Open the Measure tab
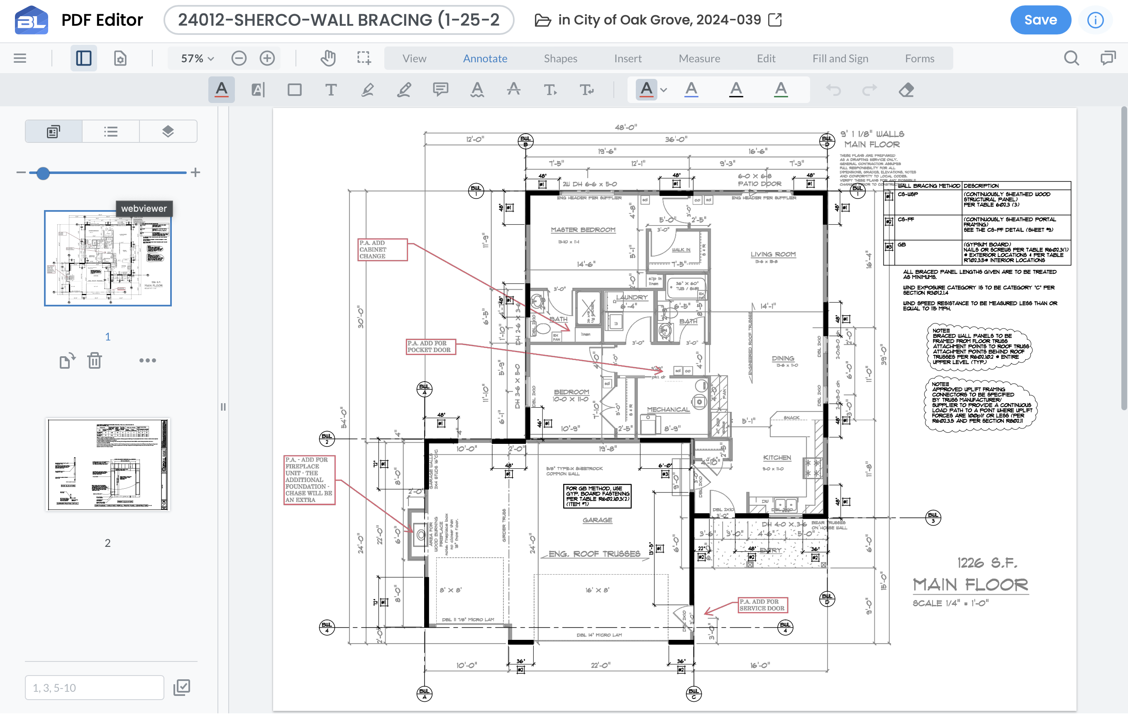coord(699,59)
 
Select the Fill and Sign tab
coord(840,59)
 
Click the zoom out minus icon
coord(239,59)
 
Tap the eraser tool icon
coord(906,90)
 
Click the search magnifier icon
coord(1071,59)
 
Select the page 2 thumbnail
coord(108,464)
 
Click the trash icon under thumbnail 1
coord(94,360)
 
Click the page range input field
coord(94,687)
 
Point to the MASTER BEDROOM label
coord(583,230)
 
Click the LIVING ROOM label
coord(773,255)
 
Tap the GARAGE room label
coord(597,520)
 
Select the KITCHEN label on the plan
coord(776,458)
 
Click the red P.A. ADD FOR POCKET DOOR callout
coord(430,347)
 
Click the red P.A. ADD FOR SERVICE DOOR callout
coord(762,605)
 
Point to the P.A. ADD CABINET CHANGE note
coord(382,249)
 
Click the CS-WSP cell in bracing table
coord(908,194)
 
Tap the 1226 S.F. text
coord(986,563)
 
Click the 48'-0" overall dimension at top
coord(626,127)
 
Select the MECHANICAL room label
coord(668,409)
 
